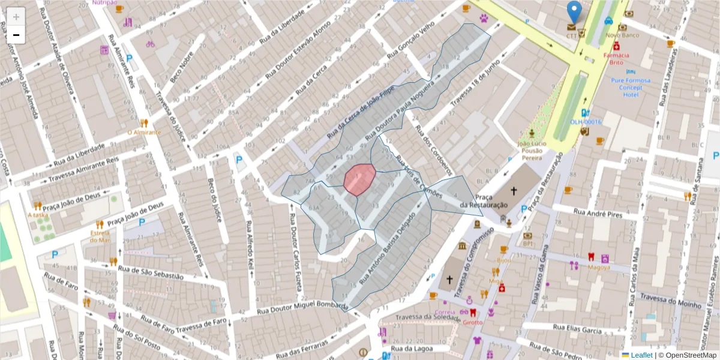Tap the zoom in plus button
16,16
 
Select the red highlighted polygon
359,179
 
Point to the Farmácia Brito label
616,58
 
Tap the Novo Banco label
622,35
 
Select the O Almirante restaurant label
143,132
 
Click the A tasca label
38,215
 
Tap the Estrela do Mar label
100,236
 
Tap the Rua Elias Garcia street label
578,330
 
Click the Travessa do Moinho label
671,301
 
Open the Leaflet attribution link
641,355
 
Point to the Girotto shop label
472,322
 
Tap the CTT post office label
571,35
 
